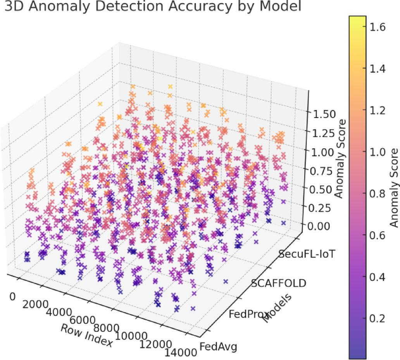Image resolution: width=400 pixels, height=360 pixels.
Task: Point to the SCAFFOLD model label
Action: (x=278, y=283)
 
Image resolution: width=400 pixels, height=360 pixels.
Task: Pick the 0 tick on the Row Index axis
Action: (x=13, y=297)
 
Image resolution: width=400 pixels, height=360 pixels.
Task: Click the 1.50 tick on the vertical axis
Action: (x=321, y=114)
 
